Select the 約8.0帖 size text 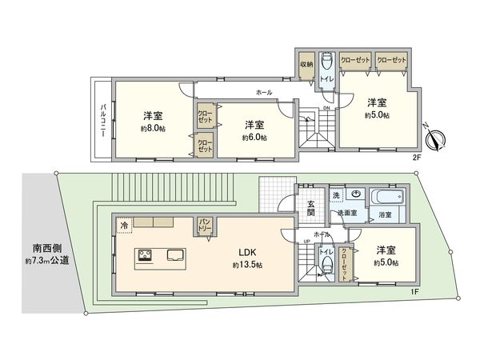pyautogui.click(x=153, y=128)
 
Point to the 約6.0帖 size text pyautogui.click(x=254, y=137)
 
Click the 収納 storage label pyautogui.click(x=307, y=64)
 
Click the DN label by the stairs pyautogui.click(x=326, y=108)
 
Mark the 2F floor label pyautogui.click(x=416, y=158)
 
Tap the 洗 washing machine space pyautogui.click(x=336, y=195)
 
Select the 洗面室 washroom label pyautogui.click(x=346, y=214)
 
